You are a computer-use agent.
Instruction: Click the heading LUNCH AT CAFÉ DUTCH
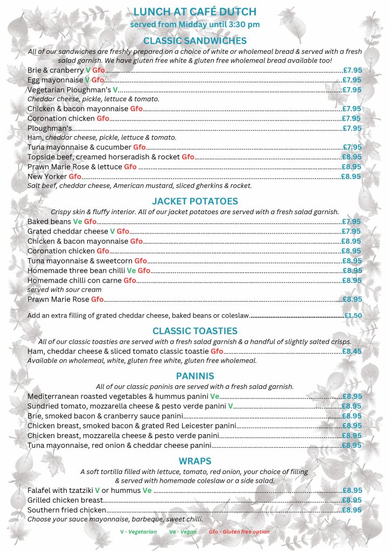194,12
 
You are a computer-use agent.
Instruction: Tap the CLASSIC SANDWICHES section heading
194,40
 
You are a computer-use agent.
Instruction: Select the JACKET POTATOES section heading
194,201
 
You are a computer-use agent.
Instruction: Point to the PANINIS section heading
194,376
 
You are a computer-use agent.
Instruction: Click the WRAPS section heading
194,461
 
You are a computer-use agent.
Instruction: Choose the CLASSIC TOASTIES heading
194,331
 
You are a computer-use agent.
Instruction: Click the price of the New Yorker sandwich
351,176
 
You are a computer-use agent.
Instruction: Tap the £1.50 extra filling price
353,315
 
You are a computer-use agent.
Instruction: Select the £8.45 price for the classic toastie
352,351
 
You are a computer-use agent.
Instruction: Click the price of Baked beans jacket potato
351,221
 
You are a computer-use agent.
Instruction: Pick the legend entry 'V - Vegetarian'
138,532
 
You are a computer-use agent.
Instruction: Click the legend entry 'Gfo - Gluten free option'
239,532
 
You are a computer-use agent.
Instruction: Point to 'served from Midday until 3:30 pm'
194,25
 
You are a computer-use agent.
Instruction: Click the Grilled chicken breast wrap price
352,500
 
